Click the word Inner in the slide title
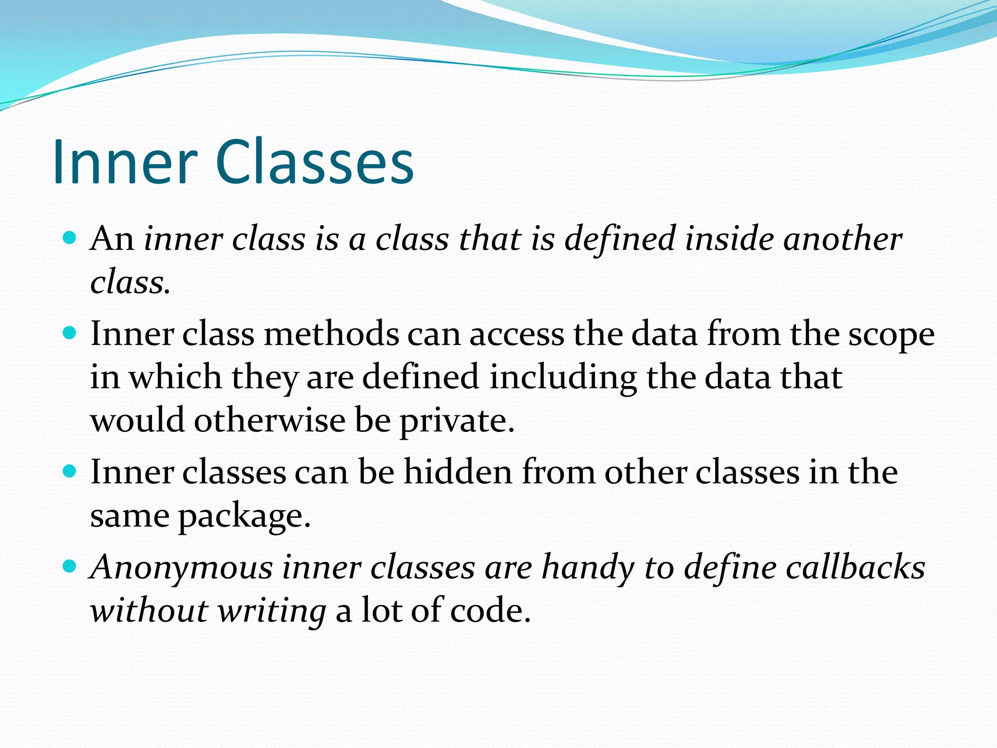[125, 162]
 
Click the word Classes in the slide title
[314, 162]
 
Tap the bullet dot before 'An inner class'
[70, 238]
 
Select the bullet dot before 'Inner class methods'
[70, 333]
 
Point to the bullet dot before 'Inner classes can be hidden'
[70, 471]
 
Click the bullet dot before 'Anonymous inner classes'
[70, 567]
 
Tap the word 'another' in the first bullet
[843, 240]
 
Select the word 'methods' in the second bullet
[331, 335]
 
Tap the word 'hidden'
[458, 472]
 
